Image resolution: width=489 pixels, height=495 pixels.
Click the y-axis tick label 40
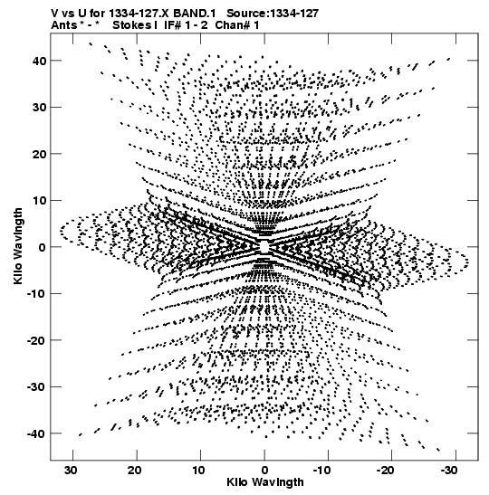pyautogui.click(x=39, y=61)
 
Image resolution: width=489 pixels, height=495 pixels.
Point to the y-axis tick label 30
pyautogui.click(x=39, y=108)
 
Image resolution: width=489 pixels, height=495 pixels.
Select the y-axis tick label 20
pyautogui.click(x=39, y=154)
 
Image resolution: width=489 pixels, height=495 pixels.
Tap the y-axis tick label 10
pyautogui.click(x=39, y=201)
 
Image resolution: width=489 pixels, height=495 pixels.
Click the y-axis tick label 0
pyautogui.click(x=43, y=247)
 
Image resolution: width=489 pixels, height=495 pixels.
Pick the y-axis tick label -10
pyautogui.click(x=36, y=294)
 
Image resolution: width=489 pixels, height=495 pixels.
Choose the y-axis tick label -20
pyautogui.click(x=36, y=340)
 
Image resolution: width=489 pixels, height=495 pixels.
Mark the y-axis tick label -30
pyautogui.click(x=36, y=387)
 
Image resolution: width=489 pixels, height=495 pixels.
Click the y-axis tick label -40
pyautogui.click(x=36, y=433)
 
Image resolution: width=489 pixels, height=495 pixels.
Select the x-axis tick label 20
pyautogui.click(x=135, y=471)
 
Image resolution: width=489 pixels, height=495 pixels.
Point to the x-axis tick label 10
pyautogui.click(x=198, y=471)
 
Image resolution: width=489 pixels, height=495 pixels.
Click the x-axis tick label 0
pyautogui.click(x=264, y=471)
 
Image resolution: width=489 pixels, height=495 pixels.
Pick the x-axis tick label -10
pyautogui.click(x=322, y=471)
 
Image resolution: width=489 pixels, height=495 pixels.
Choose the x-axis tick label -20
pyautogui.click(x=386, y=471)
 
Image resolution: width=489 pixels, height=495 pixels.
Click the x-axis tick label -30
pyautogui.click(x=450, y=471)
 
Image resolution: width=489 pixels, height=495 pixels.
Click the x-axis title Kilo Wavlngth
pyautogui.click(x=265, y=482)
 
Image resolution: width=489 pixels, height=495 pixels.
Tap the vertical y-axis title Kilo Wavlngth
pyautogui.click(x=18, y=246)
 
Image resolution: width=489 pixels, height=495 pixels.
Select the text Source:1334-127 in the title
pyautogui.click(x=273, y=14)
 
